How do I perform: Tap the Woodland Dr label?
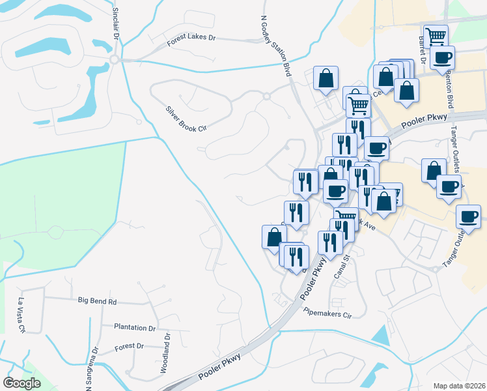166,354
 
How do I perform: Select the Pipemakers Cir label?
327,313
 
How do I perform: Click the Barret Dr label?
422,51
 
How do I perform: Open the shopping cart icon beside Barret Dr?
435,35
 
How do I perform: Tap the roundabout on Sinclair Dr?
115,60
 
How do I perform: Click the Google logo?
22,383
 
